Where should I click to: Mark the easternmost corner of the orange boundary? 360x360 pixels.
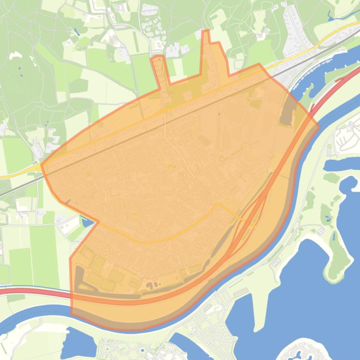[319, 126]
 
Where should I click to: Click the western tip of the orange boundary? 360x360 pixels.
[42, 165]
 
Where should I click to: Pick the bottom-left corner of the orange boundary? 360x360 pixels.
[72, 314]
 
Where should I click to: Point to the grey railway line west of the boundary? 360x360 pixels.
[19, 187]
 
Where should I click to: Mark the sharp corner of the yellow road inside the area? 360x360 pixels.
[216, 204]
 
